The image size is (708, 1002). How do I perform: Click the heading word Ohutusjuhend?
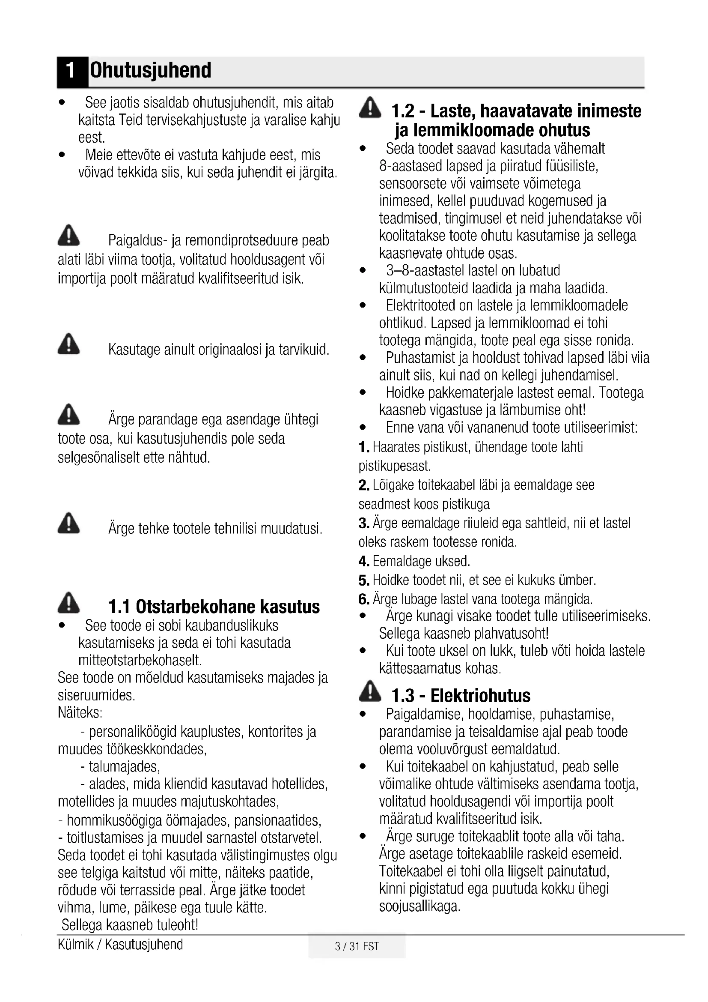[150, 70]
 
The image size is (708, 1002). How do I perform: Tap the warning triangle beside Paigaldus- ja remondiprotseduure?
[68, 236]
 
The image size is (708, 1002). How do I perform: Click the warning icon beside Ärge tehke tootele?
[68, 523]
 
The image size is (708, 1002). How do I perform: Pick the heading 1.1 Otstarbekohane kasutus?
[214, 607]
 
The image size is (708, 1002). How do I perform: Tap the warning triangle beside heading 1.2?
[370, 108]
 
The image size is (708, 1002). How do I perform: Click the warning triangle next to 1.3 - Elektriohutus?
[370, 691]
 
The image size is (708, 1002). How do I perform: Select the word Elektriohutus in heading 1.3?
[480, 696]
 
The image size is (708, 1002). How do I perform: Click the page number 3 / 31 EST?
[357, 946]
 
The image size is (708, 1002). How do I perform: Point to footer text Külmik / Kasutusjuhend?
[120, 945]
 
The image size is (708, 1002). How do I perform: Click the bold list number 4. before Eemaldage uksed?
[364, 561]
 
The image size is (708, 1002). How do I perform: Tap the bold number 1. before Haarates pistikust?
[364, 447]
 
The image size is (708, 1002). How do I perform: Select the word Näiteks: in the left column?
[80, 713]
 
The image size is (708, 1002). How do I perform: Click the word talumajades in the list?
[124, 766]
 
